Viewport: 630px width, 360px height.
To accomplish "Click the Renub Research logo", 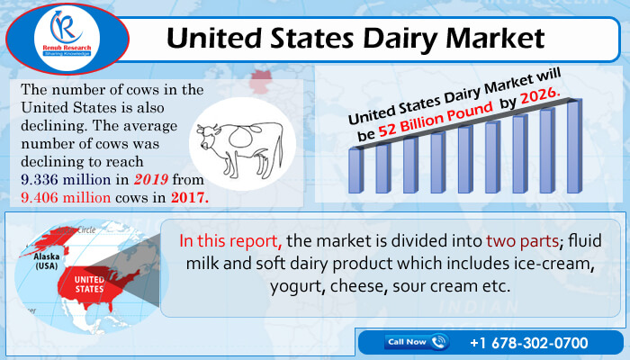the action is point(67,39).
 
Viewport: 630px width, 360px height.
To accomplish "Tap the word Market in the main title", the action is point(495,38).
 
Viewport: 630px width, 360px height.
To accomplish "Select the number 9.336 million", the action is point(66,179).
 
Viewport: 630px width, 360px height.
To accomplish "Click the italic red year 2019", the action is point(150,179).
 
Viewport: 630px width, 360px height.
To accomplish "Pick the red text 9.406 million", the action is point(66,197).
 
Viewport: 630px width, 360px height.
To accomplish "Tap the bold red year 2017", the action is point(190,197).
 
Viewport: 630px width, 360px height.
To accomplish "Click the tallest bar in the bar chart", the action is point(574,146).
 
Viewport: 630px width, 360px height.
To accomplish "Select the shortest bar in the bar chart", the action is point(356,170).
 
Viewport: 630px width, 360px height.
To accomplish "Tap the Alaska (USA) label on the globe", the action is point(47,261).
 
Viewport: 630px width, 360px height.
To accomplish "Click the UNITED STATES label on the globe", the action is point(89,284).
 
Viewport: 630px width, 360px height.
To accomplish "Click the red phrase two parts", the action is point(522,241).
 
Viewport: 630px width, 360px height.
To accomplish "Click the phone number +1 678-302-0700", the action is point(529,343).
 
